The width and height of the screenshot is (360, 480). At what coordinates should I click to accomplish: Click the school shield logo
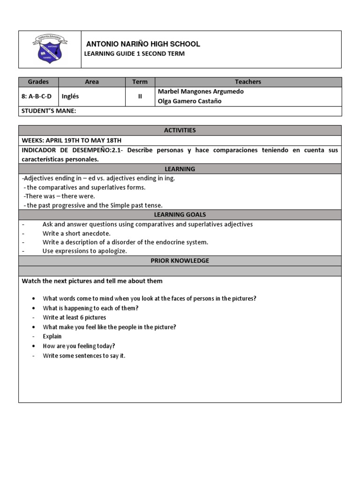(49, 50)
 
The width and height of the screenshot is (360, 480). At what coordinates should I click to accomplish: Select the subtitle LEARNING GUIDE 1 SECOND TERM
(134, 54)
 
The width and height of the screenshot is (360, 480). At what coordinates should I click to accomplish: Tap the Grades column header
(38, 82)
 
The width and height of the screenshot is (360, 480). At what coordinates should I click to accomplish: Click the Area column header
(92, 82)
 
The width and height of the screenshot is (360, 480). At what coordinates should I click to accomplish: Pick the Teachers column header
(248, 82)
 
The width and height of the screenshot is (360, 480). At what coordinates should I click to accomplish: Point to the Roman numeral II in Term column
(140, 97)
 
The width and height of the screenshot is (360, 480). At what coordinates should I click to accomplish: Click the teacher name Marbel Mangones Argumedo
(201, 92)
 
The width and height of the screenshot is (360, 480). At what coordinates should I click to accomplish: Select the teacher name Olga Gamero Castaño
(189, 101)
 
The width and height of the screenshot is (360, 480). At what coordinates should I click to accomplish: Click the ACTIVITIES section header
(180, 130)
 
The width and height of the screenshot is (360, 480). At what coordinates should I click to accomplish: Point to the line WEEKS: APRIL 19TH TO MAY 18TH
(71, 140)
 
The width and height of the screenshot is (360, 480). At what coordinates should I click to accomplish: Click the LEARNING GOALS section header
(180, 215)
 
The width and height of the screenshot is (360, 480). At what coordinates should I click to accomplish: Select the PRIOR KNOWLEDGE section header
(180, 261)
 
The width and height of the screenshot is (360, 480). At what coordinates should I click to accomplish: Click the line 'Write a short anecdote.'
(76, 233)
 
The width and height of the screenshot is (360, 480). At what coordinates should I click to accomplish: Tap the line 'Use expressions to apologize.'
(85, 251)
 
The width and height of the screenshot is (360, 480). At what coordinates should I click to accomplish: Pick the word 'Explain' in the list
(52, 337)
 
